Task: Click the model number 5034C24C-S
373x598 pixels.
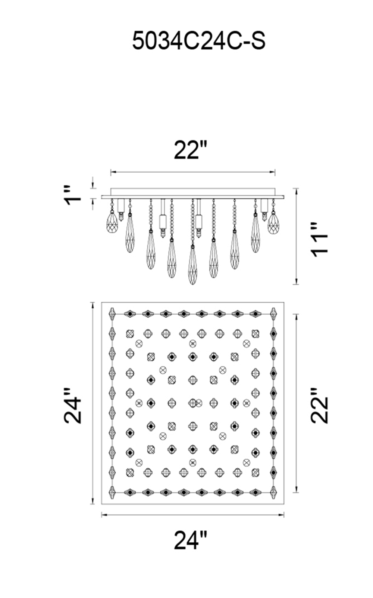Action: coord(199,41)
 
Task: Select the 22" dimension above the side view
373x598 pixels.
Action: coord(190,150)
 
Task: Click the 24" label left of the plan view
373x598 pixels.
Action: coord(73,406)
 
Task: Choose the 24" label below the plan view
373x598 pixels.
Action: coord(190,540)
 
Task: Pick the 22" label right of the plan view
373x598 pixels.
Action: coord(320,405)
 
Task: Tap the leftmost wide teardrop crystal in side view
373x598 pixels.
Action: coord(112,223)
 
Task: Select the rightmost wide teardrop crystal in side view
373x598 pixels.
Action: coord(273,223)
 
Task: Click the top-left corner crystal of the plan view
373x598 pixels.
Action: coord(112,314)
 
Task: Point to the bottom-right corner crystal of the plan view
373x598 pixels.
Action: coord(274,492)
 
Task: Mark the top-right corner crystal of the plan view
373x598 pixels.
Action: coord(274,314)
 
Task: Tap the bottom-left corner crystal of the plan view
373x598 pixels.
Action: coord(112,492)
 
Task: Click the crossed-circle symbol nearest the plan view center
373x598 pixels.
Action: coord(199,403)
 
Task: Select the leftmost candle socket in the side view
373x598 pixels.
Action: coord(121,209)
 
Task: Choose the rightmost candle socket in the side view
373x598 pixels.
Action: coord(264,209)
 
